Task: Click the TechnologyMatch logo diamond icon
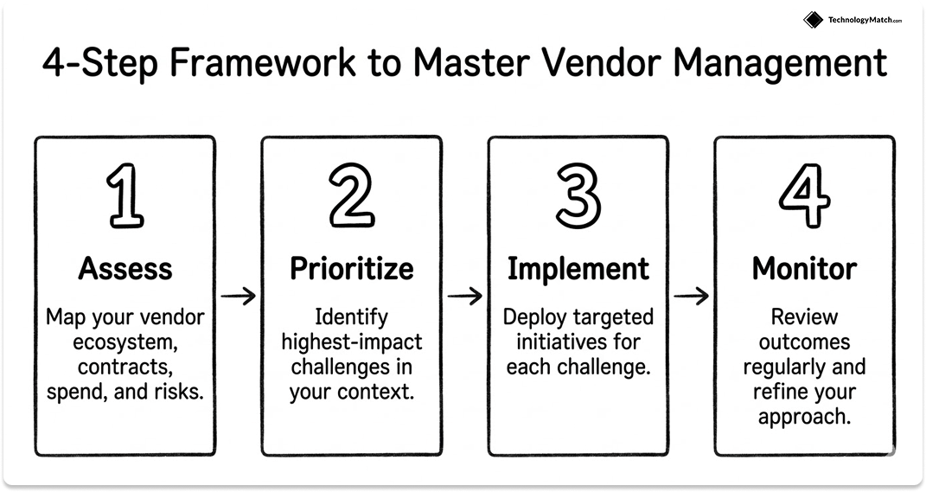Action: [x=812, y=20]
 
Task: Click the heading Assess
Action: [x=125, y=269]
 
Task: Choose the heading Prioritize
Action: [x=351, y=269]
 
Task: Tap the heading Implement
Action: [x=578, y=269]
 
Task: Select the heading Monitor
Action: [x=804, y=269]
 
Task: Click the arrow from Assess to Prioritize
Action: [x=238, y=297]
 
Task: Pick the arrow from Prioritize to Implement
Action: [x=464, y=297]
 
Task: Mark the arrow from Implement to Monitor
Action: [x=691, y=297]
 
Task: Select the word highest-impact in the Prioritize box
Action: [x=351, y=342]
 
